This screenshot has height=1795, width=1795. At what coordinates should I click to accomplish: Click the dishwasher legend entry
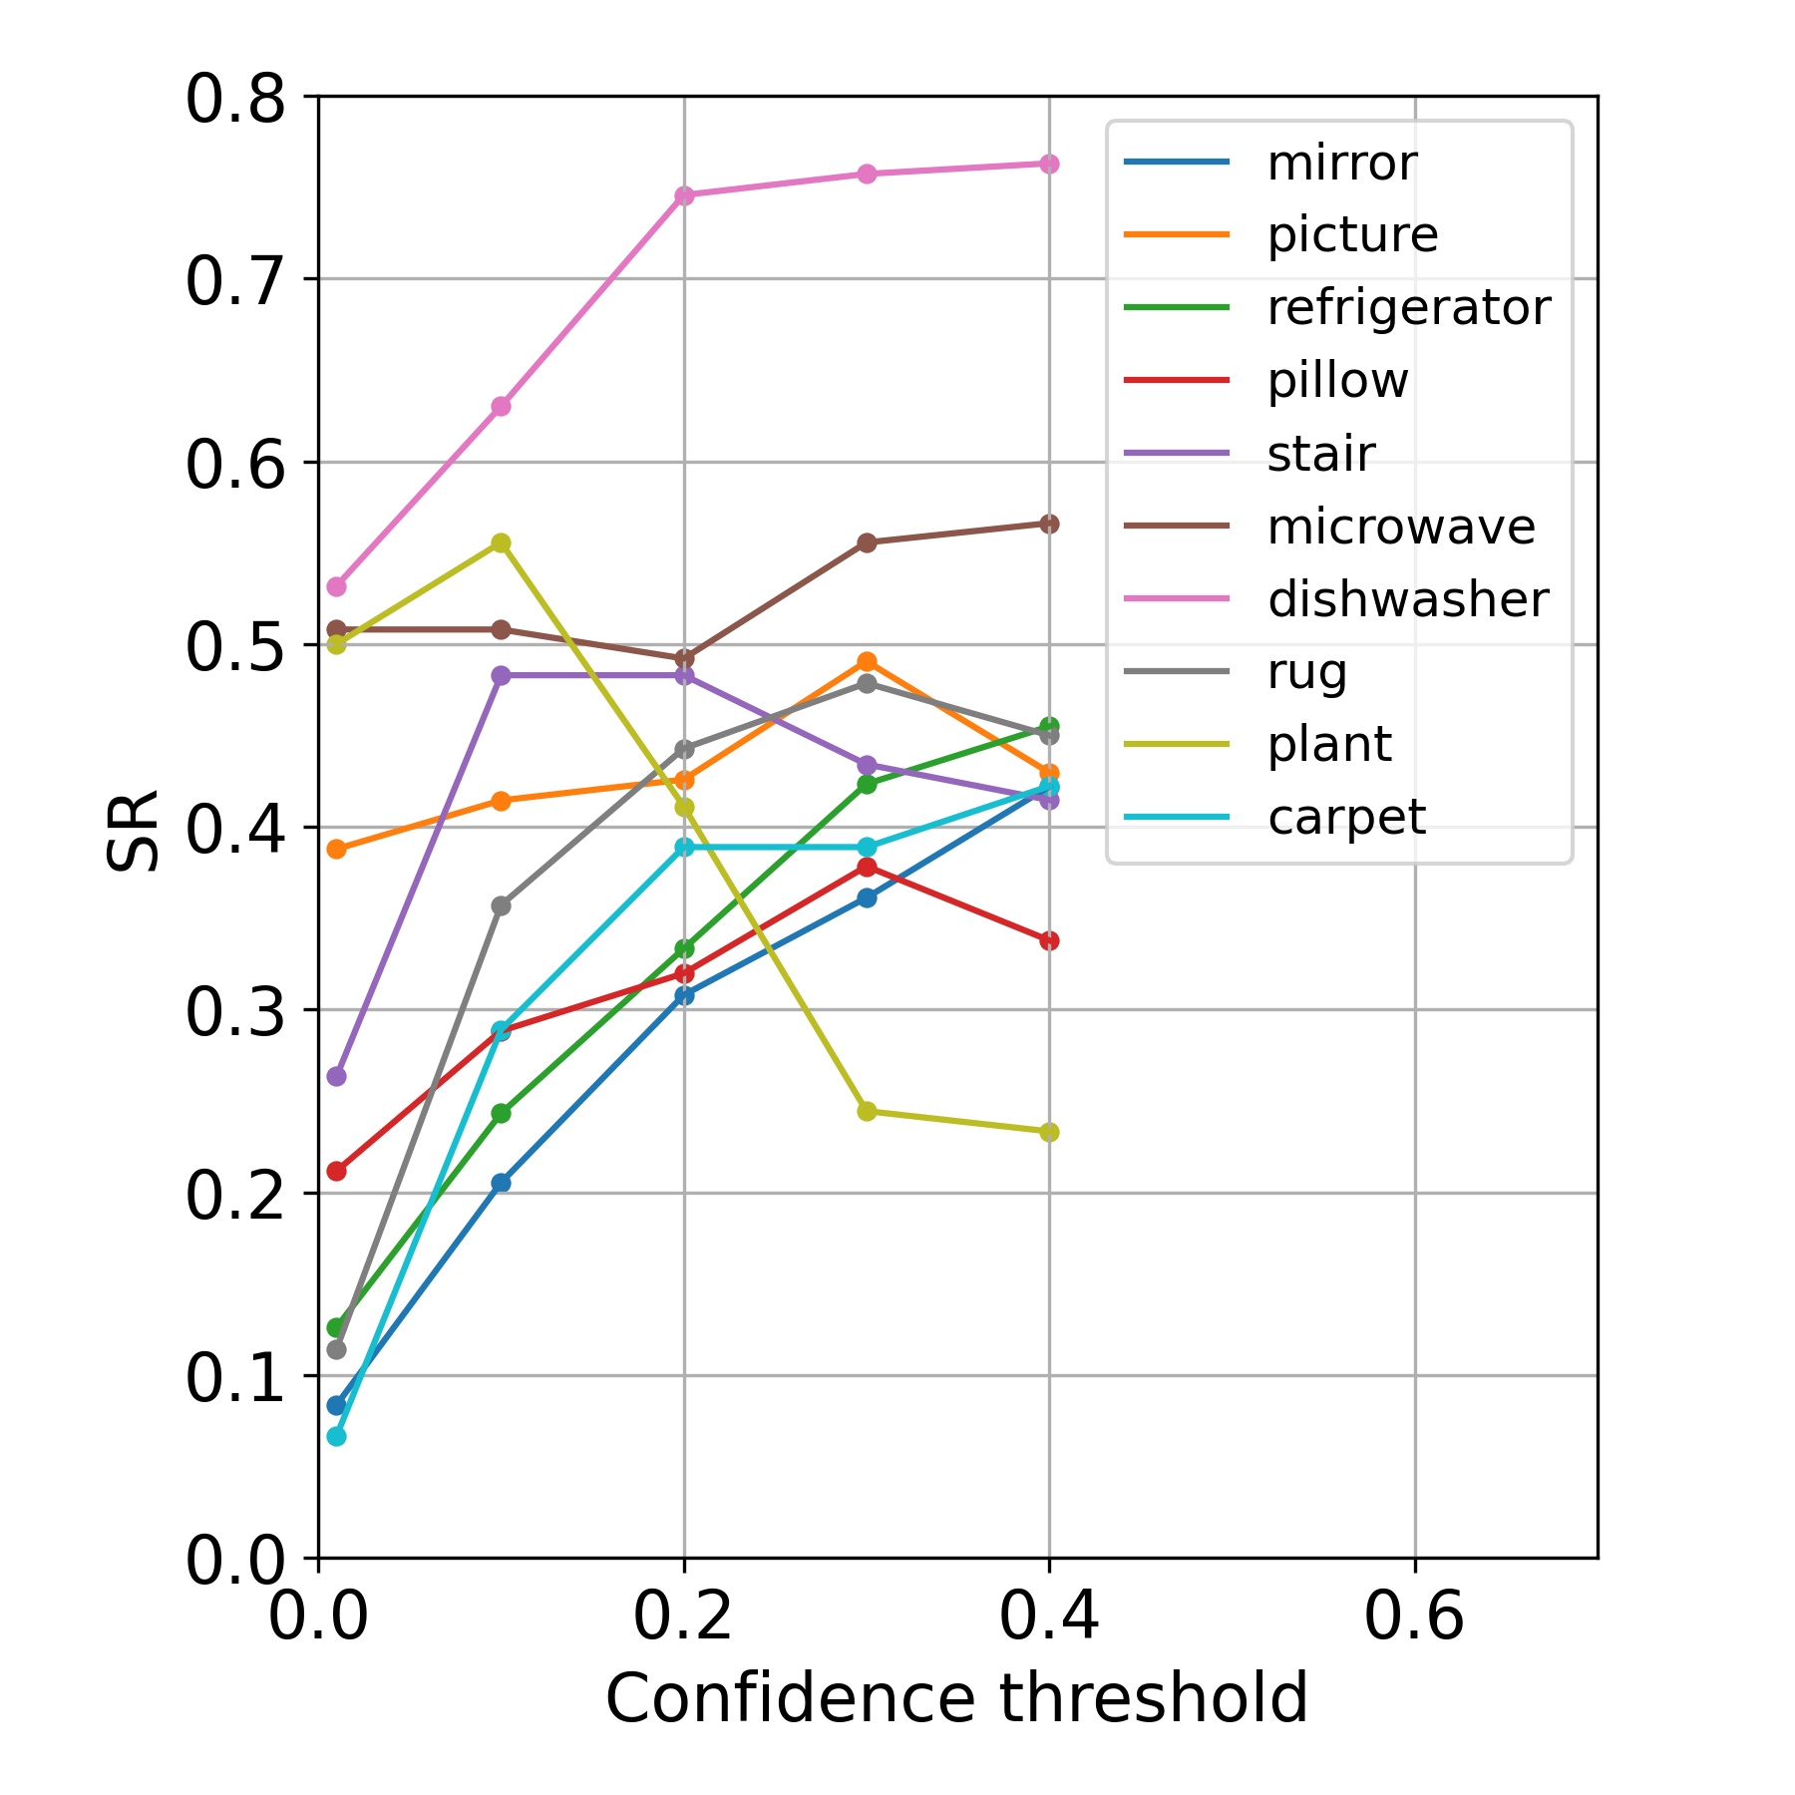[1407, 599]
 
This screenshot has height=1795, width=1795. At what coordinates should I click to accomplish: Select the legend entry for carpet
[1346, 818]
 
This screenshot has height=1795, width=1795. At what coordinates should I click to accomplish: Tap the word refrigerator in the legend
[1408, 307]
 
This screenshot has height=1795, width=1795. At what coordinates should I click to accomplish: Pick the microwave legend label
[1400, 527]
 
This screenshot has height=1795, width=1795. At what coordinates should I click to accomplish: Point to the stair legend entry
[1320, 454]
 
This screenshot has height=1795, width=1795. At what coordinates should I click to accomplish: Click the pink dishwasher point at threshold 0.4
[1049, 164]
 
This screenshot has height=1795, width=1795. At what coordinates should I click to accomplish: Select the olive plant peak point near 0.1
[502, 542]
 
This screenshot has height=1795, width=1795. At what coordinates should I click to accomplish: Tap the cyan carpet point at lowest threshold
[337, 1436]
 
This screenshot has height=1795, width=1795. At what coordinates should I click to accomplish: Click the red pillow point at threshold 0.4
[1049, 940]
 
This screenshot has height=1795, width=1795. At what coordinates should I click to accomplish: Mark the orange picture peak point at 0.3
[867, 661]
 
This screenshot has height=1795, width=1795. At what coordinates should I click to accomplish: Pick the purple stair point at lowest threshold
[337, 1076]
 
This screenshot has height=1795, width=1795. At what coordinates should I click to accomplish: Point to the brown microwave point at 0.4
[1049, 524]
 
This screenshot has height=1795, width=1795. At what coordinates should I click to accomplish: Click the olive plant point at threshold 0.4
[1049, 1132]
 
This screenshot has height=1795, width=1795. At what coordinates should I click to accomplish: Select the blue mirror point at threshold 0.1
[502, 1183]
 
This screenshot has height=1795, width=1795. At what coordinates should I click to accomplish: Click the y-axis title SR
[134, 831]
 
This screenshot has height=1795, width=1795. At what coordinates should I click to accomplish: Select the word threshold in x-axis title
[1154, 1700]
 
